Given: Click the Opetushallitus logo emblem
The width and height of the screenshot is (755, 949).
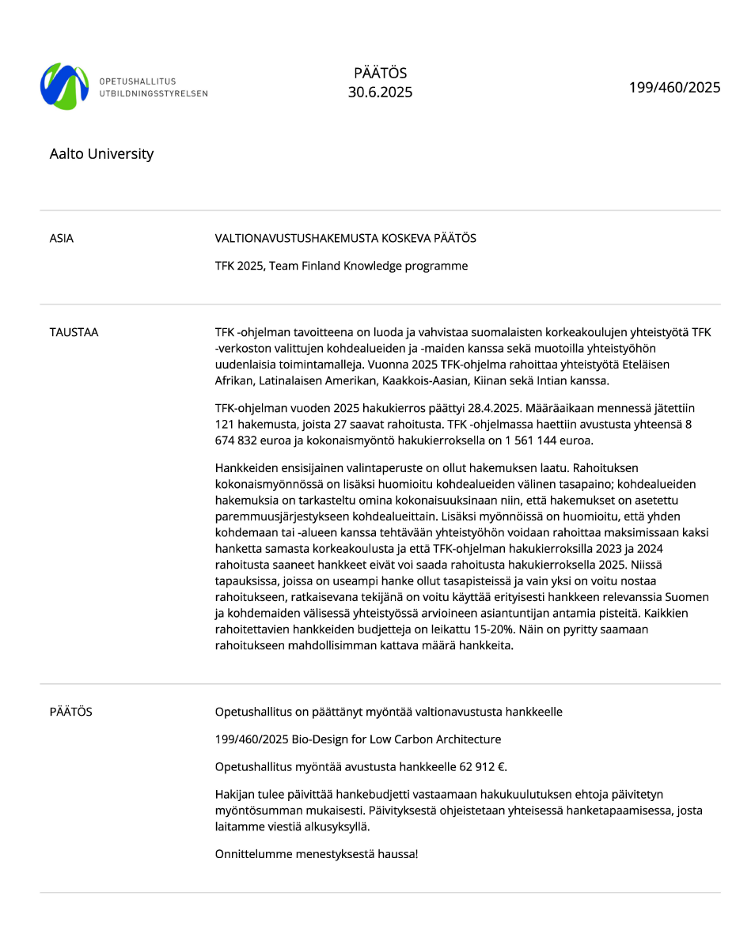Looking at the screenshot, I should [64, 86].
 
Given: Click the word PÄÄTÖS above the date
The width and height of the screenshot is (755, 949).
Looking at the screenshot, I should [380, 73].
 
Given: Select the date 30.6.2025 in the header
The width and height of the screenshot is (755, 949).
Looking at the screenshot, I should [380, 93].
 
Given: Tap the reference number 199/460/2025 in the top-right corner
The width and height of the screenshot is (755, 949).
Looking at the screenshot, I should [674, 87].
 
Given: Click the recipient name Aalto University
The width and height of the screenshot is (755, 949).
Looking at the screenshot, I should [101, 154].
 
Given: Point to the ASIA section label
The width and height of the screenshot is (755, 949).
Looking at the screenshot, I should [62, 238].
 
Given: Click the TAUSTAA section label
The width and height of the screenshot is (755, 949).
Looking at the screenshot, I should [74, 332].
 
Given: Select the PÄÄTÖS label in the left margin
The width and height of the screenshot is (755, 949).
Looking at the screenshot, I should [70, 712].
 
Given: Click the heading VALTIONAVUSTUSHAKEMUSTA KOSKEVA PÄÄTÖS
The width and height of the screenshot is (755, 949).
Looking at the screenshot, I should [345, 238].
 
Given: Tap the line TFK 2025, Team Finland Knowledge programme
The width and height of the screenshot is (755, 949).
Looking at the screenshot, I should [341, 266].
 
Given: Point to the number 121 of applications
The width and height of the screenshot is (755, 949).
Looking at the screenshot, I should [226, 424].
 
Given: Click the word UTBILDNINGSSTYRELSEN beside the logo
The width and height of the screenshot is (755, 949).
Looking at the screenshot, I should [154, 93].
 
